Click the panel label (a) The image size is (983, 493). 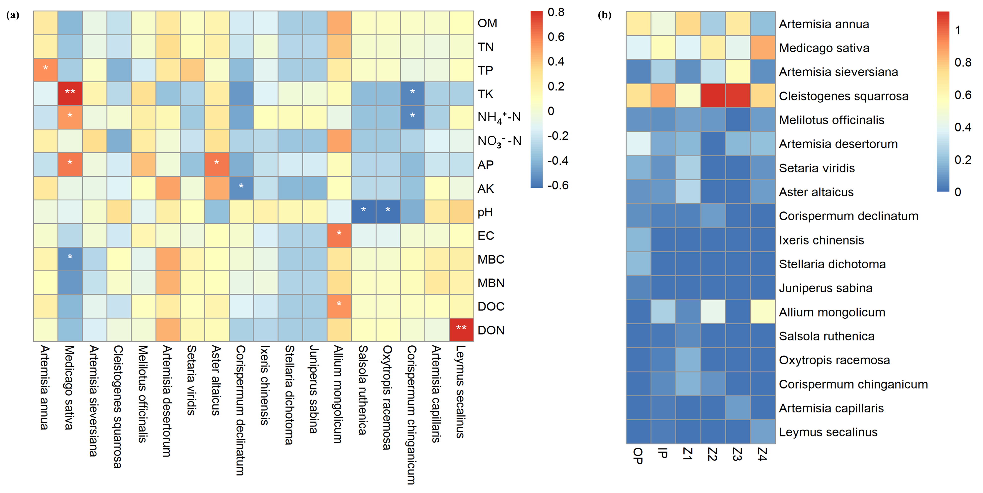pyautogui.click(x=13, y=15)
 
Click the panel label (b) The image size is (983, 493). pyautogui.click(x=604, y=15)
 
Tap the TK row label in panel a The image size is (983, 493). pyautogui.click(x=485, y=94)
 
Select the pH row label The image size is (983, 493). pyautogui.click(x=485, y=212)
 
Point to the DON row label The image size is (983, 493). pyautogui.click(x=491, y=330)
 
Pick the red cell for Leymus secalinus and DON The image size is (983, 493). pyautogui.click(x=461, y=330)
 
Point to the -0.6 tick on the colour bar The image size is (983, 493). pyautogui.click(x=558, y=185)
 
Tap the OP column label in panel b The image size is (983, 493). pyautogui.click(x=638, y=456)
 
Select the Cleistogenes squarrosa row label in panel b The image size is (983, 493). pyautogui.click(x=843, y=96)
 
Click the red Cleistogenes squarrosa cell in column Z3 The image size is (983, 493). pyautogui.click(x=738, y=96)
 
